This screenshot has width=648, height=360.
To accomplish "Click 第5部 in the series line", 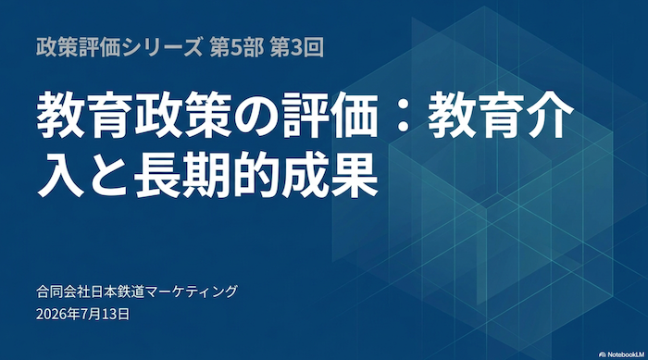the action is [236, 48].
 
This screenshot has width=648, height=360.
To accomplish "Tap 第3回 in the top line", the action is [297, 48].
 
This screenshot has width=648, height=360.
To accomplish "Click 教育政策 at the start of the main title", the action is [134, 114].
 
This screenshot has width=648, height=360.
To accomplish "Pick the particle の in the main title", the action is [256, 115].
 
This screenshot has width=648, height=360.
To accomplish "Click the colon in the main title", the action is [402, 115].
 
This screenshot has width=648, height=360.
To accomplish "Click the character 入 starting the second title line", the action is [60, 174].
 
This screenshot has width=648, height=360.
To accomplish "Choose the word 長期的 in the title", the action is [207, 174].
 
